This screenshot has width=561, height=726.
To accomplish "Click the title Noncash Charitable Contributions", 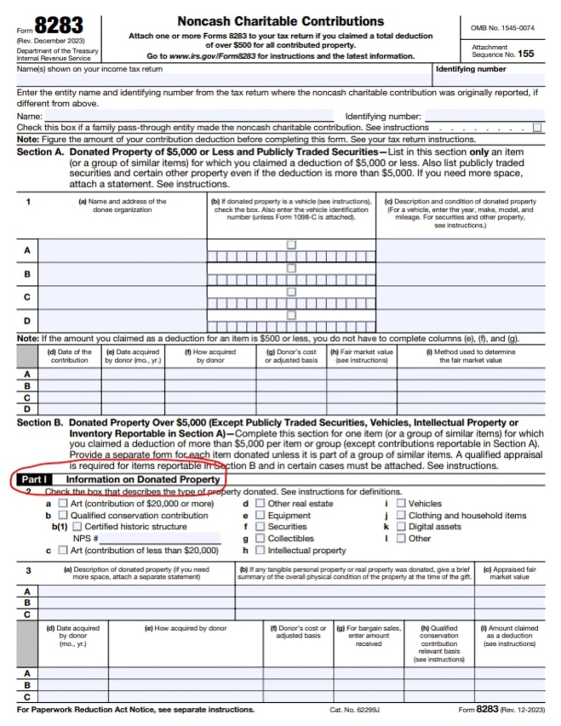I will [x=280, y=20].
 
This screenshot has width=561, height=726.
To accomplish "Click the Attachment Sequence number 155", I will [x=526, y=54].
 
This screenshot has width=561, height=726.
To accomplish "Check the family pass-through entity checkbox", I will [x=537, y=127].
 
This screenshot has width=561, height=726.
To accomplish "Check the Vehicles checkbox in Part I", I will [x=401, y=503].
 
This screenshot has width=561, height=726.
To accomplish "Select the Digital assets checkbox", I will [x=401, y=527].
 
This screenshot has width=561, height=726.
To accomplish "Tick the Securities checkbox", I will [x=260, y=527].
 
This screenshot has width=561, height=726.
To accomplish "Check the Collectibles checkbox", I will [x=260, y=539].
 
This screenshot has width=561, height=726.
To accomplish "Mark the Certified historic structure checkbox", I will [x=77, y=527].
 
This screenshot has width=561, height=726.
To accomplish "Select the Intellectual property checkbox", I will [x=260, y=551].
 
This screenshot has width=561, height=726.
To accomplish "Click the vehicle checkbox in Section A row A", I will [x=291, y=244].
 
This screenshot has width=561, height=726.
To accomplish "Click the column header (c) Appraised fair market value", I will [x=509, y=573].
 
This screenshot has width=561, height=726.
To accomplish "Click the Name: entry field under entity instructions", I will [x=187, y=116].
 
